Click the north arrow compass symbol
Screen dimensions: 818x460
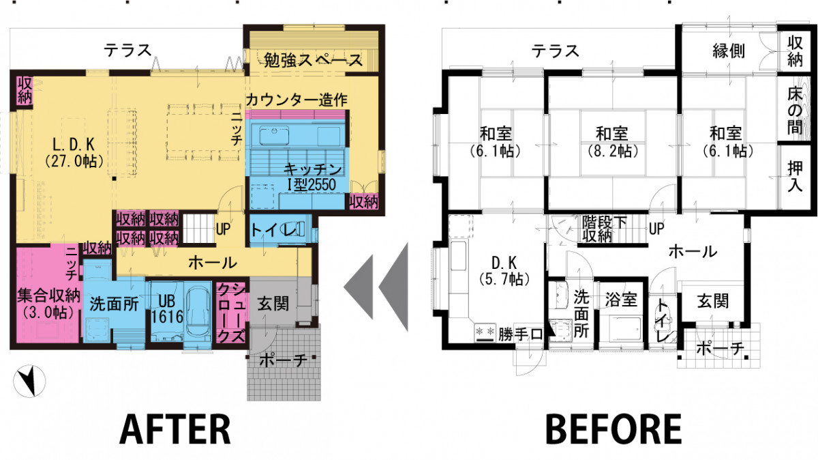pyautogui.click(x=29, y=381)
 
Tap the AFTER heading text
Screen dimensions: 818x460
pyautogui.click(x=175, y=429)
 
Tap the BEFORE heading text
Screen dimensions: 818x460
pyautogui.click(x=613, y=429)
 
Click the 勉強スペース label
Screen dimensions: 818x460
pyautogui.click(x=313, y=60)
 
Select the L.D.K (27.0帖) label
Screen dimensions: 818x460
pyautogui.click(x=74, y=152)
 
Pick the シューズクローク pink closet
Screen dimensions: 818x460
pyautogui.click(x=231, y=313)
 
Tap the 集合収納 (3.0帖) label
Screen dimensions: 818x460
pyautogui.click(x=48, y=304)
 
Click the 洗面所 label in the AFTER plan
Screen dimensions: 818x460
pyautogui.click(x=115, y=304)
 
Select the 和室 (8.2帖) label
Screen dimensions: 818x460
pyautogui.click(x=612, y=142)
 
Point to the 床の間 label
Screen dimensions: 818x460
pyautogui.click(x=795, y=111)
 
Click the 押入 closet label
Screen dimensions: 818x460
pyautogui.click(x=795, y=177)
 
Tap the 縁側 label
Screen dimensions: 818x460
pyautogui.click(x=729, y=51)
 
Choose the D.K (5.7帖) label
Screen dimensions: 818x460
pyautogui.click(x=504, y=270)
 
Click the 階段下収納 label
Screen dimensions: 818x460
pyautogui.click(x=605, y=229)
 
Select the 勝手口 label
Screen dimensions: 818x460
pyautogui.click(x=519, y=334)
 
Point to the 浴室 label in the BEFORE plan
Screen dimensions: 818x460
pyautogui.click(x=621, y=300)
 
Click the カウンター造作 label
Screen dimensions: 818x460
pyautogui.click(x=296, y=100)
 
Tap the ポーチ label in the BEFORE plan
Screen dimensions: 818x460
pyautogui.click(x=720, y=349)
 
